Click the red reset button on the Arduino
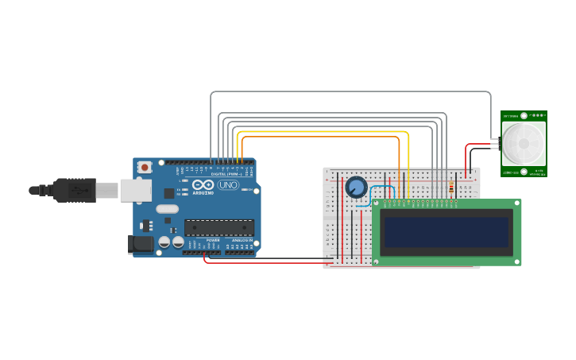pyautogui.click(x=145, y=168)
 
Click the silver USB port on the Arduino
pyautogui.click(x=135, y=190)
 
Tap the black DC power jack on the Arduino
pyautogui.click(x=141, y=245)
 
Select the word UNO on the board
pyautogui.click(x=228, y=185)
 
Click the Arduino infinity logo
pyautogui.click(x=203, y=185)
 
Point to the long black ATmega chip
pyautogui.click(x=219, y=227)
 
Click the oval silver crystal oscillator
pyautogui.click(x=167, y=209)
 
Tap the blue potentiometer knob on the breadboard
pyautogui.click(x=356, y=188)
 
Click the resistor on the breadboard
pyautogui.click(x=451, y=188)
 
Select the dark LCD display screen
pyautogui.click(x=446, y=233)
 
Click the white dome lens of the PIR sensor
pyautogui.click(x=524, y=144)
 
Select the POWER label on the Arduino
pyautogui.click(x=213, y=240)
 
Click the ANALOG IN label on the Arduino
pyautogui.click(x=242, y=240)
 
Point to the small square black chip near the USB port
pyautogui.click(x=169, y=193)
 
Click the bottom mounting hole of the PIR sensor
pyautogui.click(x=524, y=171)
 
